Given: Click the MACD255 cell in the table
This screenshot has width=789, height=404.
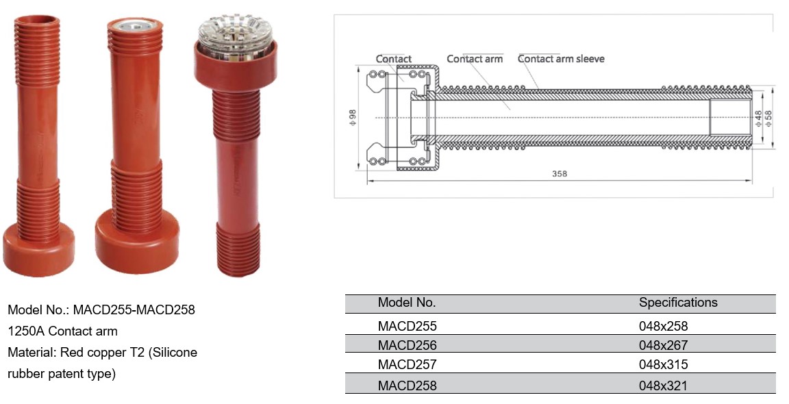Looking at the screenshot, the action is click(x=407, y=326).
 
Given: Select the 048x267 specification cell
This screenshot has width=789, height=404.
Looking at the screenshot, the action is click(x=663, y=345).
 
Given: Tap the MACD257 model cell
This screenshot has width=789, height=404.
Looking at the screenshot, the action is click(x=407, y=364).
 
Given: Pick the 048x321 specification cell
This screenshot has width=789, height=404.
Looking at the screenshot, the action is click(x=663, y=386).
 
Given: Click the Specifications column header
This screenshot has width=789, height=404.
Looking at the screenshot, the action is click(x=678, y=303).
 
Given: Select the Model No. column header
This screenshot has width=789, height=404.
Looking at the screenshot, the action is click(x=407, y=303).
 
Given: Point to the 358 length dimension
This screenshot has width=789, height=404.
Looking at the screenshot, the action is click(x=559, y=173).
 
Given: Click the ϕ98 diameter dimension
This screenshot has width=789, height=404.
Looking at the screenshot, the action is click(x=352, y=118).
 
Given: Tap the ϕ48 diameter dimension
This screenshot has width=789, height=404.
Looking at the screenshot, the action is click(x=759, y=118).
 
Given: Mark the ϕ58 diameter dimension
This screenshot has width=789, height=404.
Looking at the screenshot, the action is click(x=768, y=118).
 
